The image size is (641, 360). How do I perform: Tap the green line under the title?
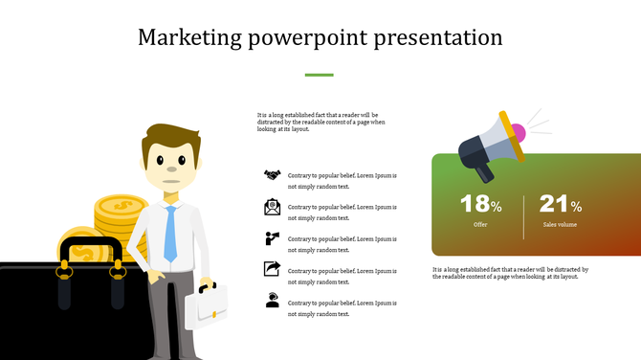point(319,74)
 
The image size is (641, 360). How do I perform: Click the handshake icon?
point(273,175)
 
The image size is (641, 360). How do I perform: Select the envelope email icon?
point(273,207)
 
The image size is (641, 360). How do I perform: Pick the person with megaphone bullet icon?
point(273,238)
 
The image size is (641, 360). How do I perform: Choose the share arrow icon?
point(273,269)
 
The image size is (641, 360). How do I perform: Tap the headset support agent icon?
point(273,301)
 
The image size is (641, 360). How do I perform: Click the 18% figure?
point(480,204)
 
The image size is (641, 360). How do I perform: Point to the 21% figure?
point(560,204)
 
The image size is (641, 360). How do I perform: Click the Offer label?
point(480,225)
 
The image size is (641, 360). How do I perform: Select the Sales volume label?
point(560,225)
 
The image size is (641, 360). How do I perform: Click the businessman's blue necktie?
point(170,234)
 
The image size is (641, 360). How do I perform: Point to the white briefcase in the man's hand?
point(208,305)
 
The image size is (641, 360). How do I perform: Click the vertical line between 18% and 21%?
point(523,215)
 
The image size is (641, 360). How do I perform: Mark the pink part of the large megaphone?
point(518,131)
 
